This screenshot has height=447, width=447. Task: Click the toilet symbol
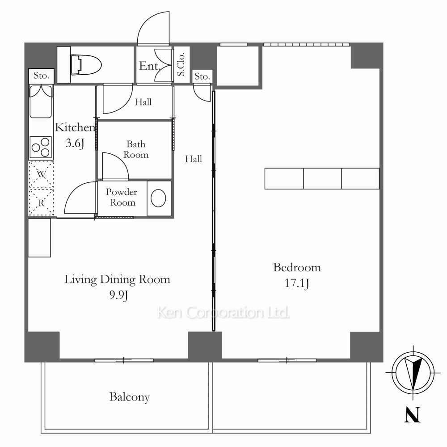pyautogui.click(x=86, y=65)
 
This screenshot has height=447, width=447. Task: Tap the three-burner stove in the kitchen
pyautogui.click(x=41, y=147)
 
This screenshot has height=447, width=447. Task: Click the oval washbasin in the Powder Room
pyautogui.click(x=158, y=198)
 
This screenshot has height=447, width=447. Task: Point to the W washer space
pyautogui.click(x=41, y=174)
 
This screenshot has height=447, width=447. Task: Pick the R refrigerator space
pyautogui.click(x=41, y=202)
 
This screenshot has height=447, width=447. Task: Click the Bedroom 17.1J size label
pyautogui.click(x=297, y=283)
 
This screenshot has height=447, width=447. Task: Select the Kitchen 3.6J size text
pyautogui.click(x=75, y=143)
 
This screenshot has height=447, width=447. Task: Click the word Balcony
pyautogui.click(x=130, y=397)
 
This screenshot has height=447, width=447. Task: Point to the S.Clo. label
pyautogui.click(x=181, y=64)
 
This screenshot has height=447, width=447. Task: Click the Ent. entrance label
pyautogui.click(x=149, y=66)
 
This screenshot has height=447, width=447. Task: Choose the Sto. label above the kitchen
pyautogui.click(x=41, y=76)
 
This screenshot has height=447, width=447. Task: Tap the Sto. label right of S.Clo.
pyautogui.click(x=202, y=76)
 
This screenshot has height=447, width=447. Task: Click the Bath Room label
pyautogui.click(x=136, y=149)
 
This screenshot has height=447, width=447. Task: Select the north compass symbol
pyautogui.click(x=413, y=372)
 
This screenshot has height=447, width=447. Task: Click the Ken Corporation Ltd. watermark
pyautogui.click(x=223, y=312)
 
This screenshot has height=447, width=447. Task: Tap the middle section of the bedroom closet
pyautogui.click(x=322, y=178)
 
